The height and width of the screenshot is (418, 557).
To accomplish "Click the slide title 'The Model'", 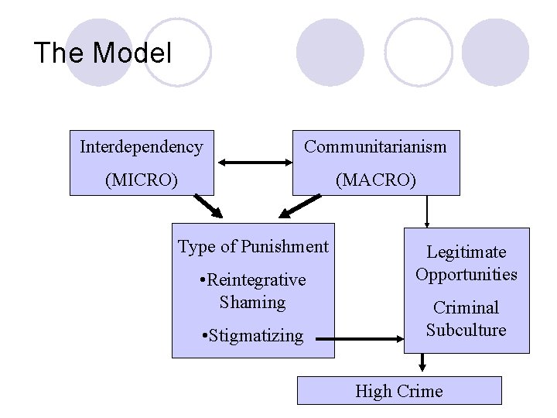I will pyautogui.click(x=102, y=53).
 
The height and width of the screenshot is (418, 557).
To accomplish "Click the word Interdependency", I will pyautogui.click(x=142, y=146).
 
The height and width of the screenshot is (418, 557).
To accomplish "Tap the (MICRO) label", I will pyautogui.click(x=142, y=180).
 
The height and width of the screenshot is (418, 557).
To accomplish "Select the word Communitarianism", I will pyautogui.click(x=375, y=146).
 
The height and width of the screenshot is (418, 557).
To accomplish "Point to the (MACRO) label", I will pyautogui.click(x=375, y=180).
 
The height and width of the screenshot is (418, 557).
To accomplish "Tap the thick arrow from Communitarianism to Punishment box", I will pyautogui.click(x=299, y=207).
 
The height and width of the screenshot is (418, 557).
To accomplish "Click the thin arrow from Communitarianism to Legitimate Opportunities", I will pyautogui.click(x=427, y=210).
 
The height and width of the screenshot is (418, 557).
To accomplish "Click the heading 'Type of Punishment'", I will pyautogui.click(x=253, y=247).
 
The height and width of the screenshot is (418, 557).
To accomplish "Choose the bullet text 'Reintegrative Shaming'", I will pyautogui.click(x=253, y=290).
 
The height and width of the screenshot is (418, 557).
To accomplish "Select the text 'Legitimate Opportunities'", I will pyautogui.click(x=466, y=263).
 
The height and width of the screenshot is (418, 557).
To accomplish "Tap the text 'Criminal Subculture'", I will pyautogui.click(x=466, y=319).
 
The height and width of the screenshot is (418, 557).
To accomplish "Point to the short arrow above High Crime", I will pyautogui.click(x=422, y=363).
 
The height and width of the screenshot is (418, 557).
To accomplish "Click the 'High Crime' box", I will pyautogui.click(x=399, y=391).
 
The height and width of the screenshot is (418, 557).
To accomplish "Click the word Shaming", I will pyautogui.click(x=253, y=302).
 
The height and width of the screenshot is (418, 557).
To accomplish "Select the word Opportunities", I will pyautogui.click(x=466, y=274).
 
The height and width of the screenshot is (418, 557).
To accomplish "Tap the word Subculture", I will pyautogui.click(x=466, y=330).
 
